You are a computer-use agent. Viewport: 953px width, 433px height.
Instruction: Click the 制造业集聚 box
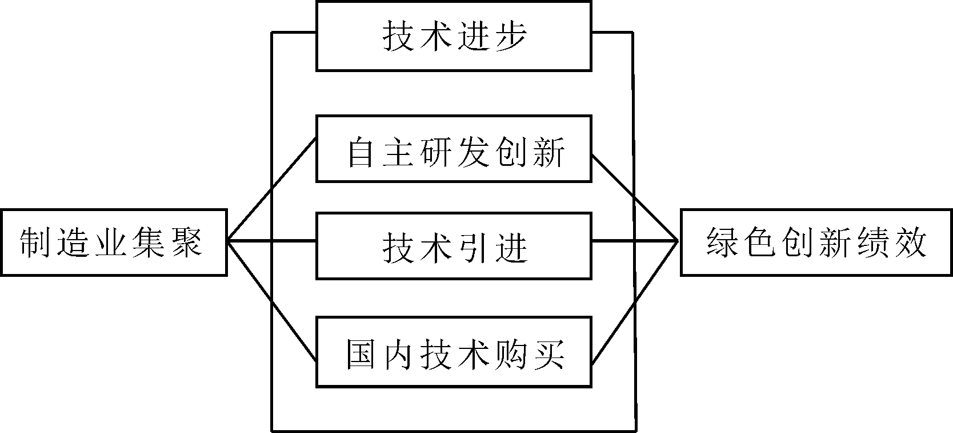[114, 243]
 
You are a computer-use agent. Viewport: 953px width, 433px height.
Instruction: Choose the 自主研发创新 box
[454, 149]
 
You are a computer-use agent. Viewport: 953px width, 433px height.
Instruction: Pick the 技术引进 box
[454, 246]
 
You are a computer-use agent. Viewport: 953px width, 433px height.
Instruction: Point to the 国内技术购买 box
[454, 351]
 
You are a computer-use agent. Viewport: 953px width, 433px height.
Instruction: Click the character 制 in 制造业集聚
[35, 243]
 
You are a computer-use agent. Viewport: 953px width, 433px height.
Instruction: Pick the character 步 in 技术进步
[510, 37]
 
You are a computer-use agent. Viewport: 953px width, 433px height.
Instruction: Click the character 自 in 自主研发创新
[361, 152]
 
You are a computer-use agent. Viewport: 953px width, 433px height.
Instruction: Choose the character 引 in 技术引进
[473, 247]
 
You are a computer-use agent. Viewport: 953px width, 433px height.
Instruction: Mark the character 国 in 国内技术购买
[362, 354]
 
